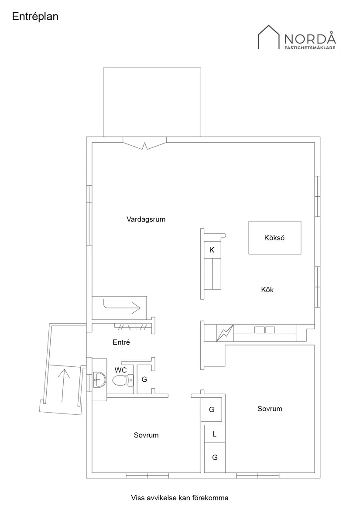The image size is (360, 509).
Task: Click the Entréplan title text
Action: click(35, 17)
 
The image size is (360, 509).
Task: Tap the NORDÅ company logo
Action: click(296, 38)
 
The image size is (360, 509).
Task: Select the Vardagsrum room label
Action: click(146, 219)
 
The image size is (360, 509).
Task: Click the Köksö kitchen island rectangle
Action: click(274, 238)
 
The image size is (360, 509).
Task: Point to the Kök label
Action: click(267, 290)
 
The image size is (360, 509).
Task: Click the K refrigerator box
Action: click(212, 250)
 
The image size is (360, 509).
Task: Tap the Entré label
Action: click(121, 342)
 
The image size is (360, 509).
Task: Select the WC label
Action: click(121, 370)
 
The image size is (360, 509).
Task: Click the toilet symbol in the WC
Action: click(123, 380)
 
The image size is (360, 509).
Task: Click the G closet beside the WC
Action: click(144, 379)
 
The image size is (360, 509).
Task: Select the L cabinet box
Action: click(215, 434)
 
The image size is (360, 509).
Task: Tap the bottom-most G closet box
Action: click(215, 458)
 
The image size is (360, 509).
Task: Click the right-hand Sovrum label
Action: click(270, 409)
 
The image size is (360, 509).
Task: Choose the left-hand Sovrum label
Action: click(146, 435)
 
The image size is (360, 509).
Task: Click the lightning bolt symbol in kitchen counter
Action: click(225, 334)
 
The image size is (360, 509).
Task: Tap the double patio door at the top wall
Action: click(145, 143)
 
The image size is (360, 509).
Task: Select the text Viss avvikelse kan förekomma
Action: click(180, 497)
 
